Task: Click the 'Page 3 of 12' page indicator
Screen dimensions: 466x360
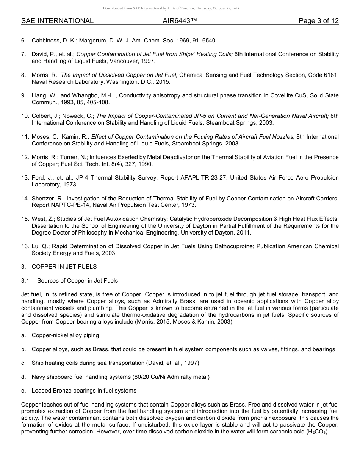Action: (x=318, y=21)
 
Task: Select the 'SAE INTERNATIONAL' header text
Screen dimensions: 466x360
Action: (x=57, y=21)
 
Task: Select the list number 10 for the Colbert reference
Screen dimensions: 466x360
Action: (x=25, y=116)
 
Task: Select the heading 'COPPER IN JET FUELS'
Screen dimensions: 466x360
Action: (x=64, y=267)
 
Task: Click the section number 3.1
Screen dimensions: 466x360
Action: (x=25, y=281)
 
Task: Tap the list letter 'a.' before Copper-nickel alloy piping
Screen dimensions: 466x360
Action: (x=23, y=335)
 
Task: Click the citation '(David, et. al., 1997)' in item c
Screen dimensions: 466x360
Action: (x=172, y=363)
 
